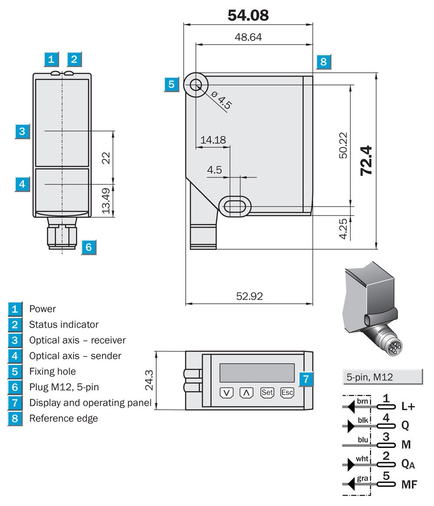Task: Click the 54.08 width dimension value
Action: pos(248,15)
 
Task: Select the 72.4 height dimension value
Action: pos(366,161)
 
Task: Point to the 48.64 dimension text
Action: pos(248,37)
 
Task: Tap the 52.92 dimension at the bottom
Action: pos(249,296)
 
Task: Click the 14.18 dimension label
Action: pos(213,140)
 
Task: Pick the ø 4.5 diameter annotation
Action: pos(221,100)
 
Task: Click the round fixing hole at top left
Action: pos(196,85)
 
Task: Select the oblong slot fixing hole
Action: pos(235,206)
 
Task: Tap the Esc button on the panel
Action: pos(287,392)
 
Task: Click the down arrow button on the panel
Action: pos(227,393)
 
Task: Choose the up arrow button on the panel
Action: pos(247,393)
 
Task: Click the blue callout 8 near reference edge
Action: pos(324,61)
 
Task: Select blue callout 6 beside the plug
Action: pos(89,247)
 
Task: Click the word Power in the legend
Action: pos(42,309)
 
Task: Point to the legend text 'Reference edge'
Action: pos(63,418)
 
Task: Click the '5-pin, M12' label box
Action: pos(382,377)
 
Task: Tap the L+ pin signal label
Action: pos(408,406)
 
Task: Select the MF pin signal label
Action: pos(409,484)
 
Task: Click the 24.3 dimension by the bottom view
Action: pos(149,380)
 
